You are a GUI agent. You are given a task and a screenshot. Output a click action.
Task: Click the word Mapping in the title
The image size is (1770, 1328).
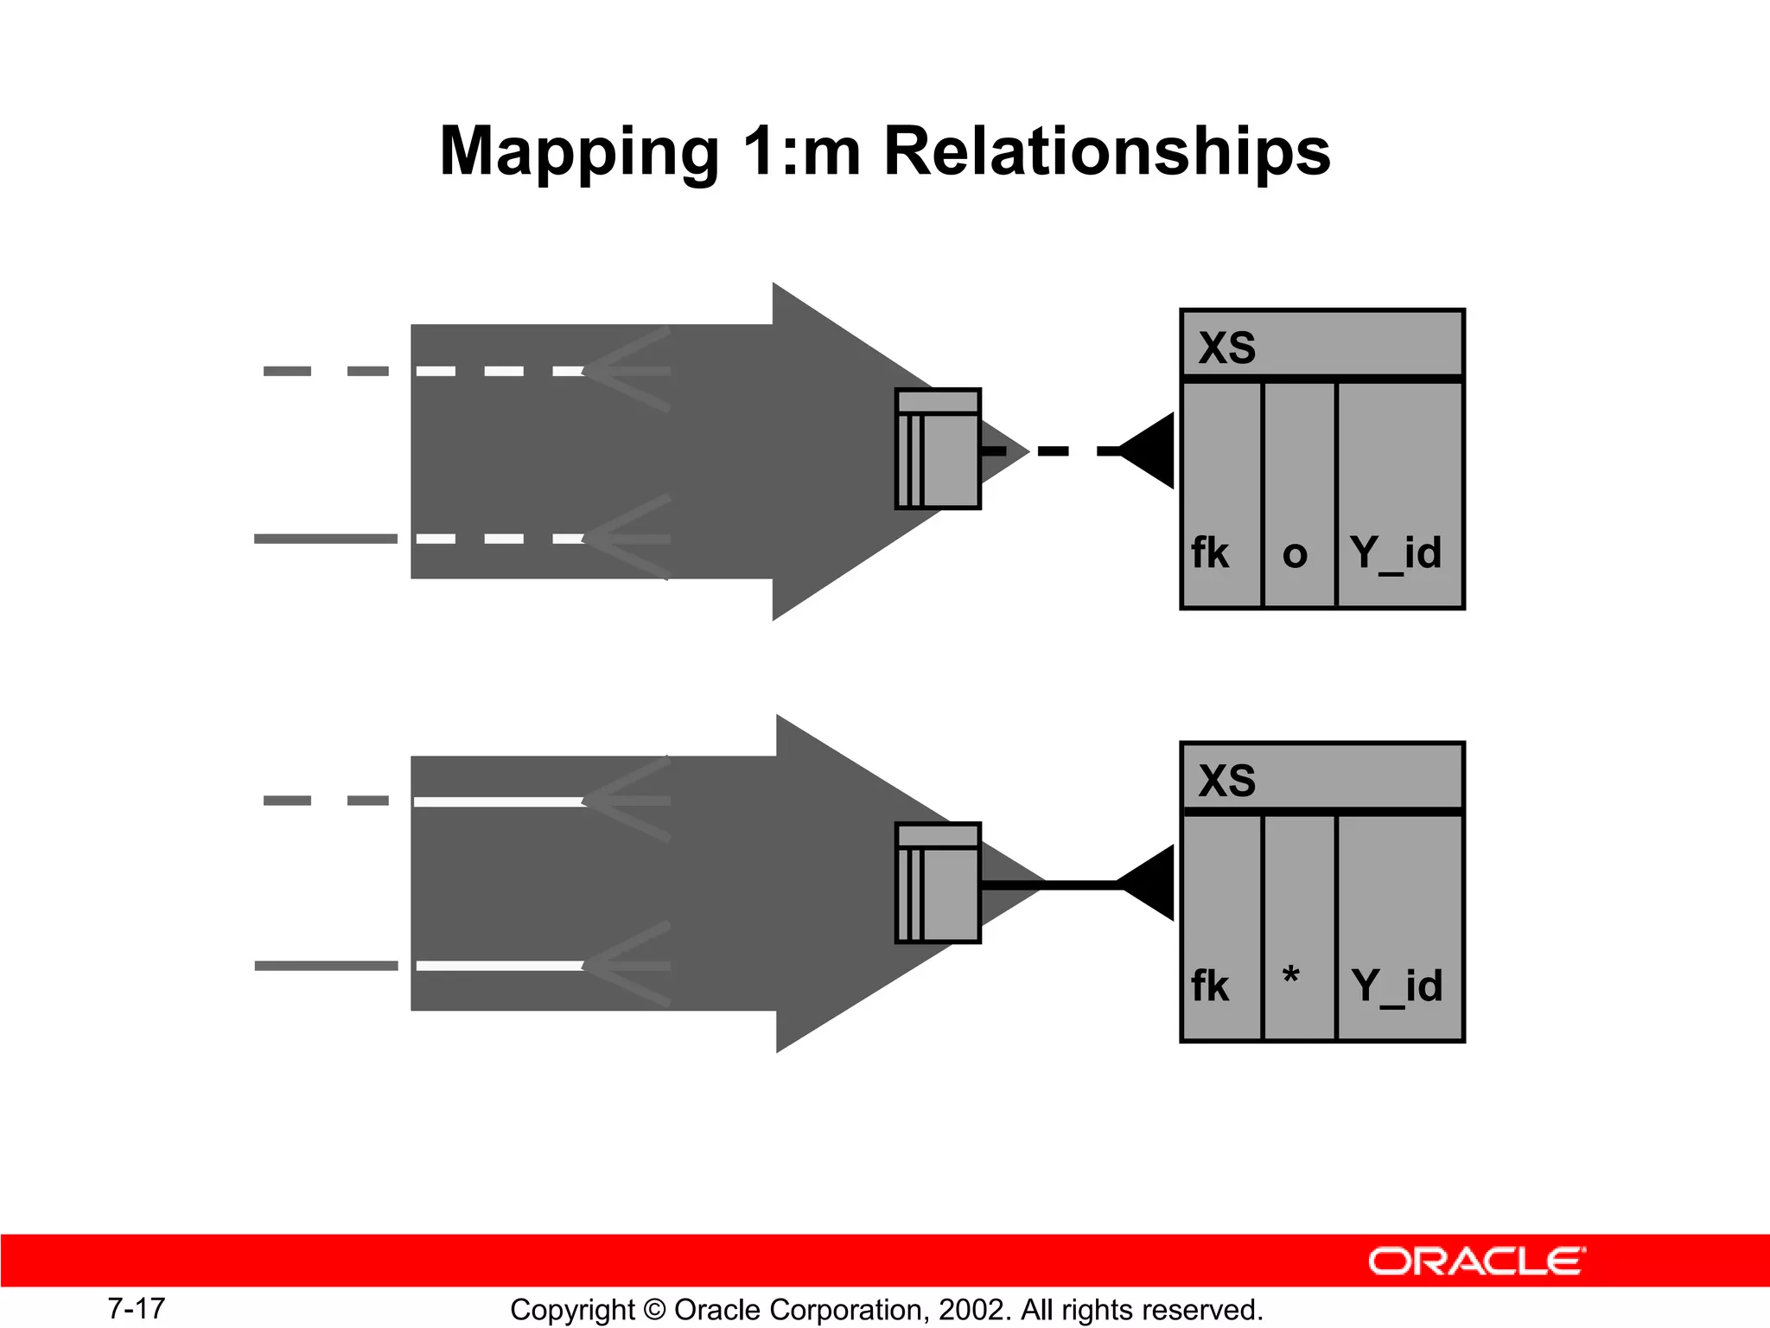coord(579,152)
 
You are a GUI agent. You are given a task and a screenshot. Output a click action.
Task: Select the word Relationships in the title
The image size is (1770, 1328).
coord(1107,150)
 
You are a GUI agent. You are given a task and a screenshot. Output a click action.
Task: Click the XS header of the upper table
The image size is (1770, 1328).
coord(1227,348)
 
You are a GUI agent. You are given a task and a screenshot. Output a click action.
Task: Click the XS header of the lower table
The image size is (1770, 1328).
coord(1227,781)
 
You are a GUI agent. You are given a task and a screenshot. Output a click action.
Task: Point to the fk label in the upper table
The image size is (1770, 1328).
coord(1210,552)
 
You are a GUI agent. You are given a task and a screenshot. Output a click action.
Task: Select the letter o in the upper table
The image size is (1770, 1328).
coord(1295,554)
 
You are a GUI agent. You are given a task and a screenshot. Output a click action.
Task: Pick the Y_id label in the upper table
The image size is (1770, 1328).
coord(1397,553)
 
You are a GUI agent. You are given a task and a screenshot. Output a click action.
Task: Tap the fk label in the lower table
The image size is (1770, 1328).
coord(1210,986)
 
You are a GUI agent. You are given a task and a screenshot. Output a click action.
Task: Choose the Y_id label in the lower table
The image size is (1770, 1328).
coord(1397,986)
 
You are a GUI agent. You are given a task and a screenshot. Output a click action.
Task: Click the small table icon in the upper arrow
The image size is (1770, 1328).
coord(938,449)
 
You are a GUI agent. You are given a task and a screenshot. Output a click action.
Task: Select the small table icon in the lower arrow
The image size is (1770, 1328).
coord(938,883)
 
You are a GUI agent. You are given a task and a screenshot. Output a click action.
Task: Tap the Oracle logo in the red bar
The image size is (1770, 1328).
coord(1477,1261)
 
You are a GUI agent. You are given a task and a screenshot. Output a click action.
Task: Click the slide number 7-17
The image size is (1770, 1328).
coord(137,1308)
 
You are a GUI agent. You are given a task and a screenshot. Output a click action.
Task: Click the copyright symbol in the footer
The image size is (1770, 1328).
coord(655,1310)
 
